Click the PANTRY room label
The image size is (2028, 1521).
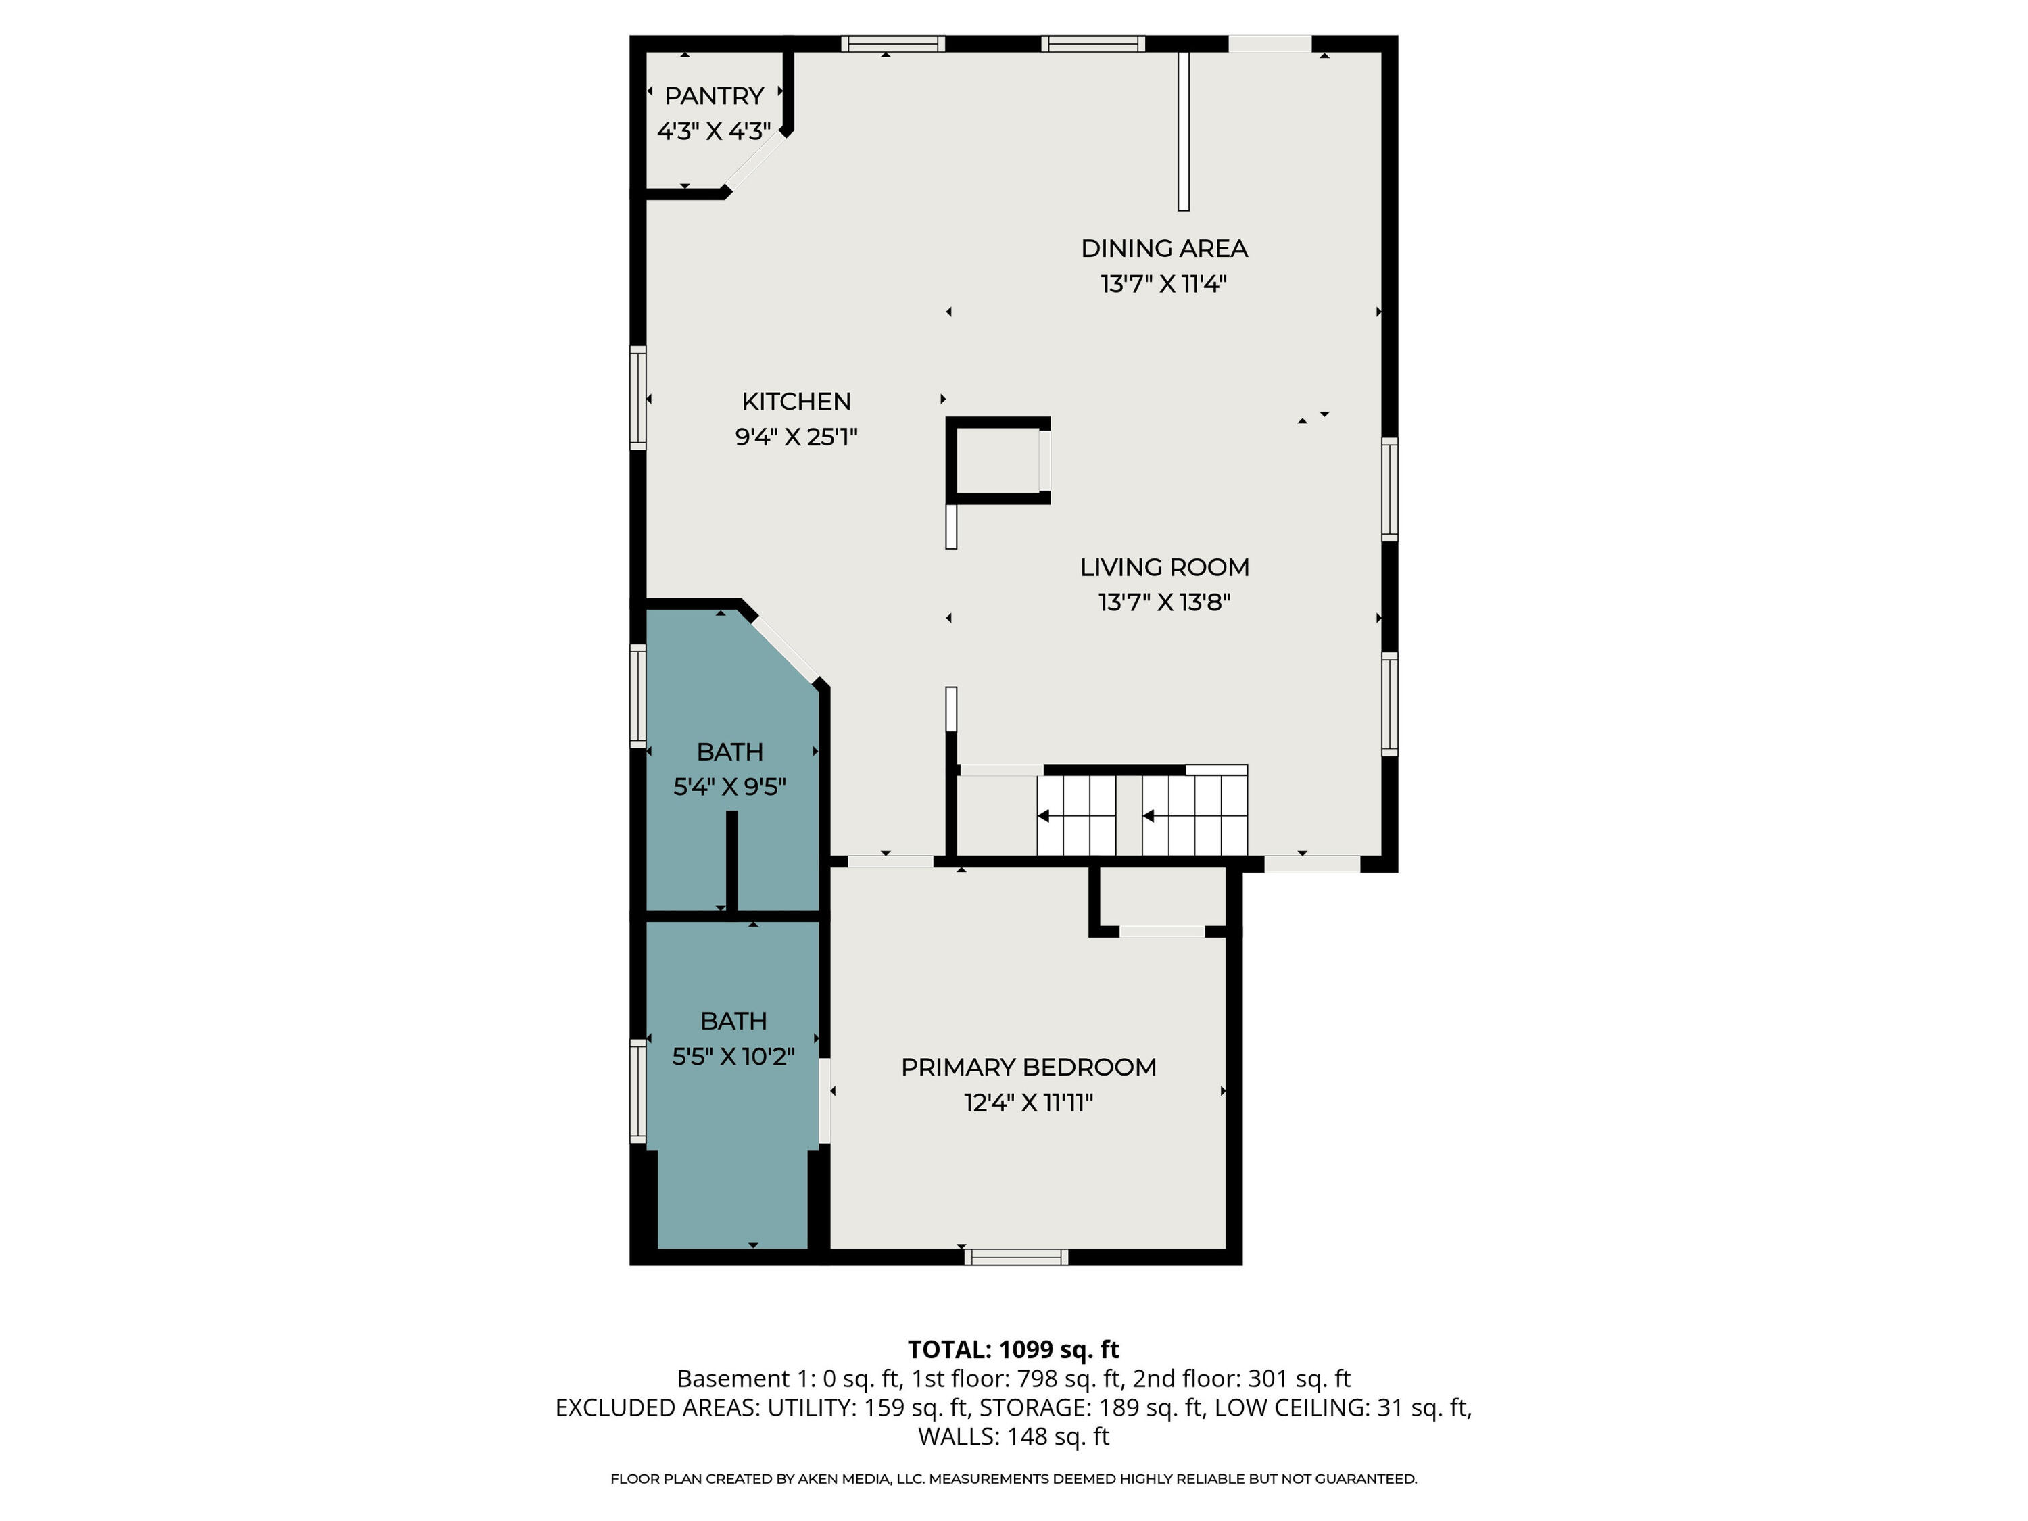[715, 96]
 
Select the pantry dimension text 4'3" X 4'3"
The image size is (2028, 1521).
[715, 132]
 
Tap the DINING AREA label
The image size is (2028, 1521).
[1163, 249]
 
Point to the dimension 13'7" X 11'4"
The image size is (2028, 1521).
[1163, 284]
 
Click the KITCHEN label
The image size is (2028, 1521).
[796, 402]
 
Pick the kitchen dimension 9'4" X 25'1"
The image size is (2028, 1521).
[796, 437]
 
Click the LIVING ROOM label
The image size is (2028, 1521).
[1164, 568]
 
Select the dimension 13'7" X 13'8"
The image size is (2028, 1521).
[1164, 603]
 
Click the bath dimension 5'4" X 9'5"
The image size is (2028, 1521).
[730, 788]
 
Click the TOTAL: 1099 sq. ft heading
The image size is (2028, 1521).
[1013, 1349]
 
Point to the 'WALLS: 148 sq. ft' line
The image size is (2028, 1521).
[1013, 1436]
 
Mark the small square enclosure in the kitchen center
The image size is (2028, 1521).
[998, 460]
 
